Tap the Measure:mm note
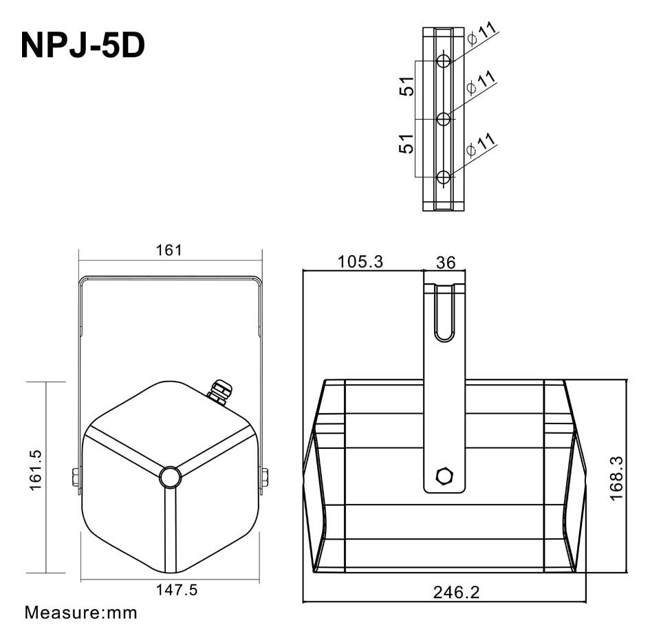81,612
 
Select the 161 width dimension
169,250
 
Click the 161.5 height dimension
36,470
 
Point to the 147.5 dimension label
169,590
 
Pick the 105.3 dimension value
360,262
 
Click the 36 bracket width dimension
446,263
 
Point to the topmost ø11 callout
481,34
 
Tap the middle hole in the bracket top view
444,120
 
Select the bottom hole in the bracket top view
444,177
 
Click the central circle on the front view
169,476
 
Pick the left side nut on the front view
74,476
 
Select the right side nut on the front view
264,476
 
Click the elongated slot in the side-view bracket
445,313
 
